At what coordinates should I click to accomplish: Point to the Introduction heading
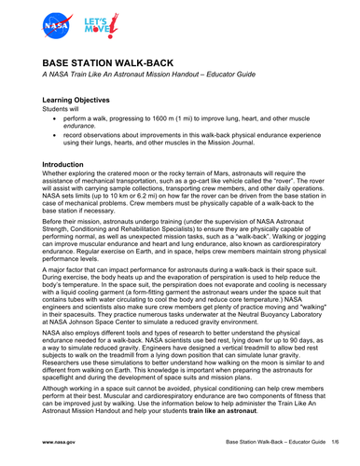[70, 163]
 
